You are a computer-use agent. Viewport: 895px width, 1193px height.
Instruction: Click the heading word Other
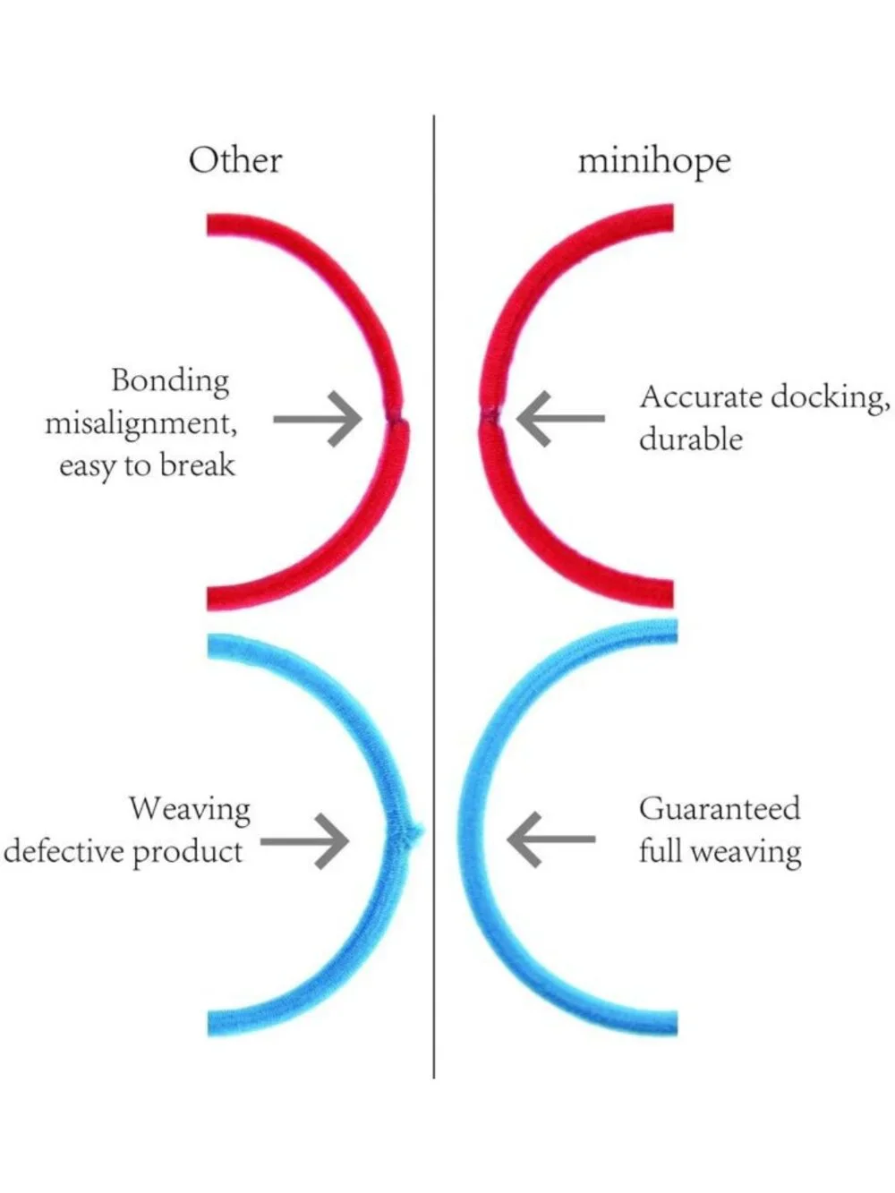(x=235, y=161)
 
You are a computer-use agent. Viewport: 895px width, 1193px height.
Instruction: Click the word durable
(x=690, y=439)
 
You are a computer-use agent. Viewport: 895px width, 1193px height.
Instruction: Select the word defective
(x=64, y=852)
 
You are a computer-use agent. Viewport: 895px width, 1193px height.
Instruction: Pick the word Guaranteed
(x=720, y=808)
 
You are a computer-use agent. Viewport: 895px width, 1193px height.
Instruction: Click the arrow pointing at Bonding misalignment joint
(x=318, y=419)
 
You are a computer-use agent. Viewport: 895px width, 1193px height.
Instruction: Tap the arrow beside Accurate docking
(x=560, y=419)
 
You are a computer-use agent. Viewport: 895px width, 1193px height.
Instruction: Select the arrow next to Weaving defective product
(x=305, y=842)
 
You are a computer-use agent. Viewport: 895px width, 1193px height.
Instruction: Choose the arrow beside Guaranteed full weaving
(x=551, y=839)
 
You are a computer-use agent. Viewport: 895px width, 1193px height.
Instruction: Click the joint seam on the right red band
(x=490, y=416)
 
